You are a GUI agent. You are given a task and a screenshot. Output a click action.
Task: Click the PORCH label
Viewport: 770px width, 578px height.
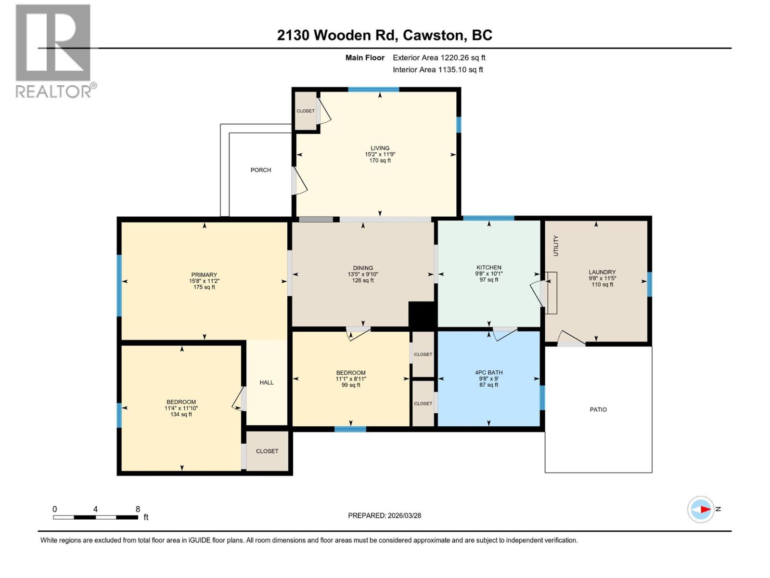(x=260, y=170)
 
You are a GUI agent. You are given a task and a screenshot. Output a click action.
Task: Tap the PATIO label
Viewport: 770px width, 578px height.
(x=598, y=409)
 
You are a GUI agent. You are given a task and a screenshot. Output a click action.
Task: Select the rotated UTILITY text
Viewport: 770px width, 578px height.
(x=556, y=246)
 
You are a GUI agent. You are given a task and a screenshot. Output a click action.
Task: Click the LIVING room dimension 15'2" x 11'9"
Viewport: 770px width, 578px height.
(x=380, y=155)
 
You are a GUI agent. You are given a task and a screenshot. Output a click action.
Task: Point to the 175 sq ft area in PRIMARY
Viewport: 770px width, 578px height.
(x=204, y=287)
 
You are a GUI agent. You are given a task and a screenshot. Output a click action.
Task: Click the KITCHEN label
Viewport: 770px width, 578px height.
(x=488, y=267)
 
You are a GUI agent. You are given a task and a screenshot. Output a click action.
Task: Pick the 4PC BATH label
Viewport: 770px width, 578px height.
(x=488, y=372)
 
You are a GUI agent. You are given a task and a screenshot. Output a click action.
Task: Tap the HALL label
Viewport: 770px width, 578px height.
(x=267, y=382)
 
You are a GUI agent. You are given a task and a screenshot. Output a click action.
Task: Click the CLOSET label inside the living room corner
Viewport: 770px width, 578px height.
(x=306, y=111)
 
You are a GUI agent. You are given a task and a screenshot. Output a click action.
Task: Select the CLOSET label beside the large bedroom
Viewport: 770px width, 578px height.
(x=267, y=451)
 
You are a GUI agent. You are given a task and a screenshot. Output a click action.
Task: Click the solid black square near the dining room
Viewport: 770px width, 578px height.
(x=422, y=315)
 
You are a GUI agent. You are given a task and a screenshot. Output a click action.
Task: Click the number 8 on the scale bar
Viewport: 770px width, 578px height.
(x=138, y=509)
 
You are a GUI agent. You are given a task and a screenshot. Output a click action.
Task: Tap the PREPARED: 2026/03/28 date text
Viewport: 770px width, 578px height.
(x=385, y=515)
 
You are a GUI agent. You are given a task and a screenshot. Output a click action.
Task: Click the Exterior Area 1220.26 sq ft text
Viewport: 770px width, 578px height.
(x=439, y=58)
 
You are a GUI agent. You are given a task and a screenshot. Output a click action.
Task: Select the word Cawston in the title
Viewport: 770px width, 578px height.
(x=434, y=35)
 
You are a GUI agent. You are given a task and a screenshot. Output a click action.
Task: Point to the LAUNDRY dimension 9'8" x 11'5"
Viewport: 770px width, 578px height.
(x=602, y=278)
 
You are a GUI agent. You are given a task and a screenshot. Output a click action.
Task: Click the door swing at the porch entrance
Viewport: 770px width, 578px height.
(x=299, y=182)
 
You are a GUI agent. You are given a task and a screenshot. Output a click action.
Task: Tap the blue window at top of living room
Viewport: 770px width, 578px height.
(x=373, y=90)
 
